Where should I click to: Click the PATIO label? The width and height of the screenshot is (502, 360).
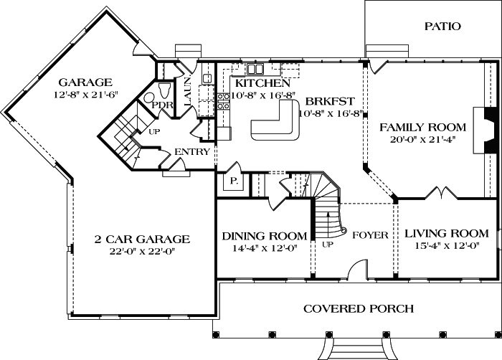(442, 27)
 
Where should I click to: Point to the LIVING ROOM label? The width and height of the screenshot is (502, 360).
(447, 234)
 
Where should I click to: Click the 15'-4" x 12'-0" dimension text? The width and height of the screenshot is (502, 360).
(447, 246)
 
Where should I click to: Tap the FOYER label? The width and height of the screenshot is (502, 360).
(371, 235)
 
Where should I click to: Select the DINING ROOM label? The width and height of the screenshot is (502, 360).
(265, 236)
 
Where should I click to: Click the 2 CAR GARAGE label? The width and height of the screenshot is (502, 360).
(142, 239)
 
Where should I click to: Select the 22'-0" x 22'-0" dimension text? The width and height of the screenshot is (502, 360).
(142, 251)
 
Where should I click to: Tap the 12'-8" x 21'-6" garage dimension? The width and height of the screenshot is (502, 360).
(85, 95)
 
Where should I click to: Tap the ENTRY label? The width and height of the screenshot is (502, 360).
(192, 151)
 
